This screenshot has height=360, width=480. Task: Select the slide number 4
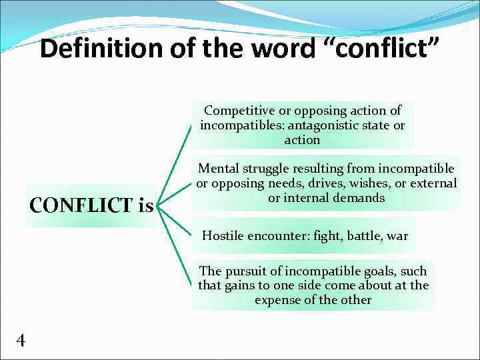click(x=21, y=341)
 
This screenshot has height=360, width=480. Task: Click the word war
click(x=397, y=236)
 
